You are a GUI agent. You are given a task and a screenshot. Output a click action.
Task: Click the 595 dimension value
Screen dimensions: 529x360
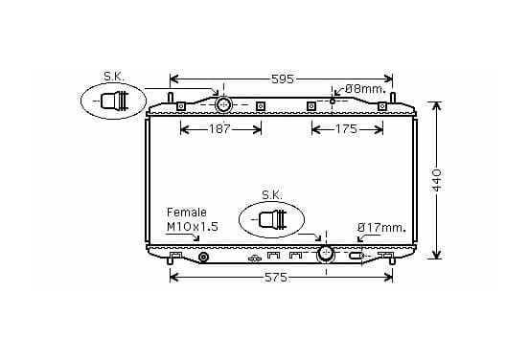coord(283,79)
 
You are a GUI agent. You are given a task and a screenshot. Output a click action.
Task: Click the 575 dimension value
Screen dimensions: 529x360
coord(276,278)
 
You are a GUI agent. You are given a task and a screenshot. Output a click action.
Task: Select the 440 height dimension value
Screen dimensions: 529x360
coord(437,180)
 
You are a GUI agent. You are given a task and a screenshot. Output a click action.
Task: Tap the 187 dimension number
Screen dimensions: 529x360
coord(219,128)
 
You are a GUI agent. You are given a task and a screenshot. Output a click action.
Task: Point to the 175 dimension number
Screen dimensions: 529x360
coord(346,128)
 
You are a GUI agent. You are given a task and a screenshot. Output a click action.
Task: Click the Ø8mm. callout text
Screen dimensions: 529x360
coord(366,89)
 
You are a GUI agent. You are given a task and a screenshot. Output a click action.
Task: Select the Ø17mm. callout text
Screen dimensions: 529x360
coord(381,228)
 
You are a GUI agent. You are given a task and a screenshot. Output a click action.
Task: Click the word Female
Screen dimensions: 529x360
coord(187,213)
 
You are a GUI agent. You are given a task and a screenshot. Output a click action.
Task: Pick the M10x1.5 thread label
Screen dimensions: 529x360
coord(193,227)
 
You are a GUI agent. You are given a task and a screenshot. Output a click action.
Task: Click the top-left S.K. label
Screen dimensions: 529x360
coord(114,77)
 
